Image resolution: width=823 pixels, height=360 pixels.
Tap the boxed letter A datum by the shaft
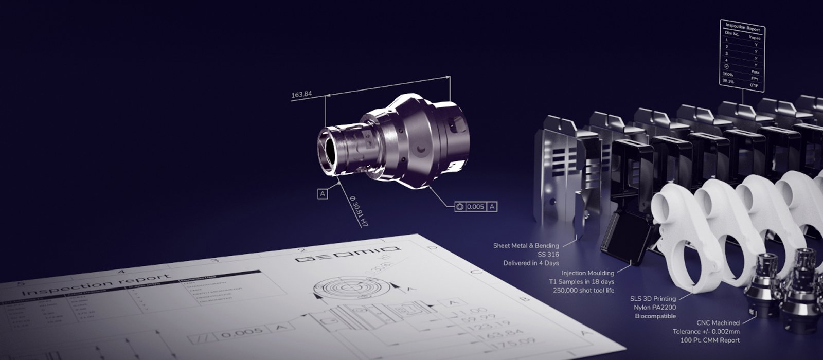point(323,193)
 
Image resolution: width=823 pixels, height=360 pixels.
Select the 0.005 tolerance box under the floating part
point(475,207)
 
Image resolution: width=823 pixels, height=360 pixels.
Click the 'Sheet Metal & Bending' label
point(526,245)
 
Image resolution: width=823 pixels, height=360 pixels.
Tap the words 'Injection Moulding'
point(588,273)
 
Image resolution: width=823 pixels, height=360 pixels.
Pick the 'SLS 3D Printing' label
point(653,298)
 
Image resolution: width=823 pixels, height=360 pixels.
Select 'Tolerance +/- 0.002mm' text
point(706,331)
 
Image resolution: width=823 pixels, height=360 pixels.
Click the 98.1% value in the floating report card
point(728,81)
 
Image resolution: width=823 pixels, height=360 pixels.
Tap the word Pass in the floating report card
point(755,73)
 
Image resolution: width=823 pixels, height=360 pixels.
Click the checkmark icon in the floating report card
point(726,66)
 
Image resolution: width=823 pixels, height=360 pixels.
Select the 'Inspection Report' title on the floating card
point(742,27)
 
